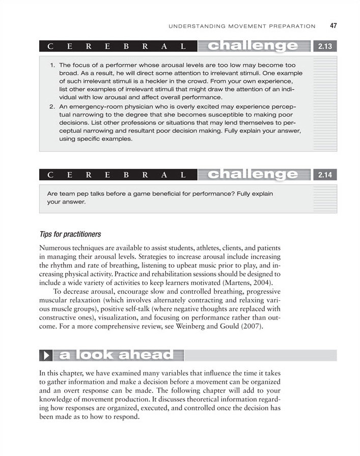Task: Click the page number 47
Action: point(333,25)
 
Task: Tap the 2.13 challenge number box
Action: point(325,47)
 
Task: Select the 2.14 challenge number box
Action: point(325,176)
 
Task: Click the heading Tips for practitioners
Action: point(70,235)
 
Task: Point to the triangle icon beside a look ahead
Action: point(47,355)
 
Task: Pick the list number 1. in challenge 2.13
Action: point(53,66)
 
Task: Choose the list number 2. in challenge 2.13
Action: point(53,107)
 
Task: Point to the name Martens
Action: point(242,283)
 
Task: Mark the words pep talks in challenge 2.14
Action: point(91,194)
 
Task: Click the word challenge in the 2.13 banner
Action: point(253,47)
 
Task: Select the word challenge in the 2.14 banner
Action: point(253,176)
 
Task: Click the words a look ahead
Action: point(116,355)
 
